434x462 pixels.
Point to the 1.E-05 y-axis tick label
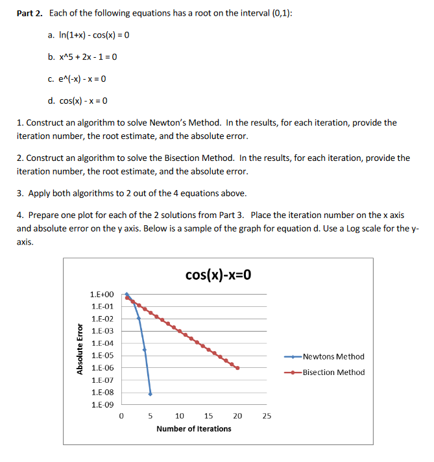(102, 356)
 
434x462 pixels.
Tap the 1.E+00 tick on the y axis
(102, 295)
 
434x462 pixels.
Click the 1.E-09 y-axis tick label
(102, 405)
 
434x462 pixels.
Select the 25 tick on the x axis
(267, 416)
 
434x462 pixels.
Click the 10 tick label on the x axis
(180, 416)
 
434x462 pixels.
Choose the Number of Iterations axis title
(193, 428)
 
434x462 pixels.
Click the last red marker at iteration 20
(237, 368)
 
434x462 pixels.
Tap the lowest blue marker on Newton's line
(151, 393)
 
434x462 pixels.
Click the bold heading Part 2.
(30, 13)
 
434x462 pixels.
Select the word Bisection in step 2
(185, 158)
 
